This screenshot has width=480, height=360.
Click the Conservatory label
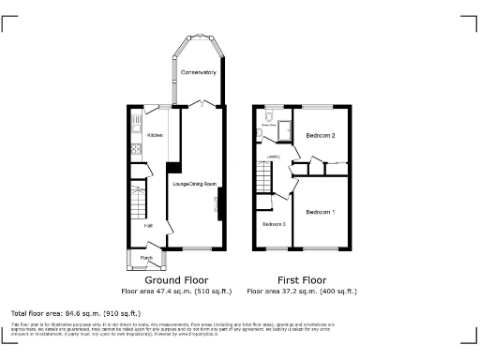coord(198,72)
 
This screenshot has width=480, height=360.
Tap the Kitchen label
coord(155,136)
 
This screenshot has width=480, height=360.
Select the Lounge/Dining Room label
coord(194,184)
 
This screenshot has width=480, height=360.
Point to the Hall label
coord(148,225)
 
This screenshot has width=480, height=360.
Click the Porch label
coord(146,258)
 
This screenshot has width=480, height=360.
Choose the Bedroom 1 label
coord(320,212)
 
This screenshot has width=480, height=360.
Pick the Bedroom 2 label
coord(321,136)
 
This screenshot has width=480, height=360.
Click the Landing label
coord(274,157)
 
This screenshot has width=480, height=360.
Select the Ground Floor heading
coord(175,279)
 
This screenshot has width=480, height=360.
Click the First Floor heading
coord(300,279)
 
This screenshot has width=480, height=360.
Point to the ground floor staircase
coord(139,199)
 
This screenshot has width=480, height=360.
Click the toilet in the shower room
coord(268,116)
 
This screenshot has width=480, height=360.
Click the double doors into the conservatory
coord(198,103)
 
